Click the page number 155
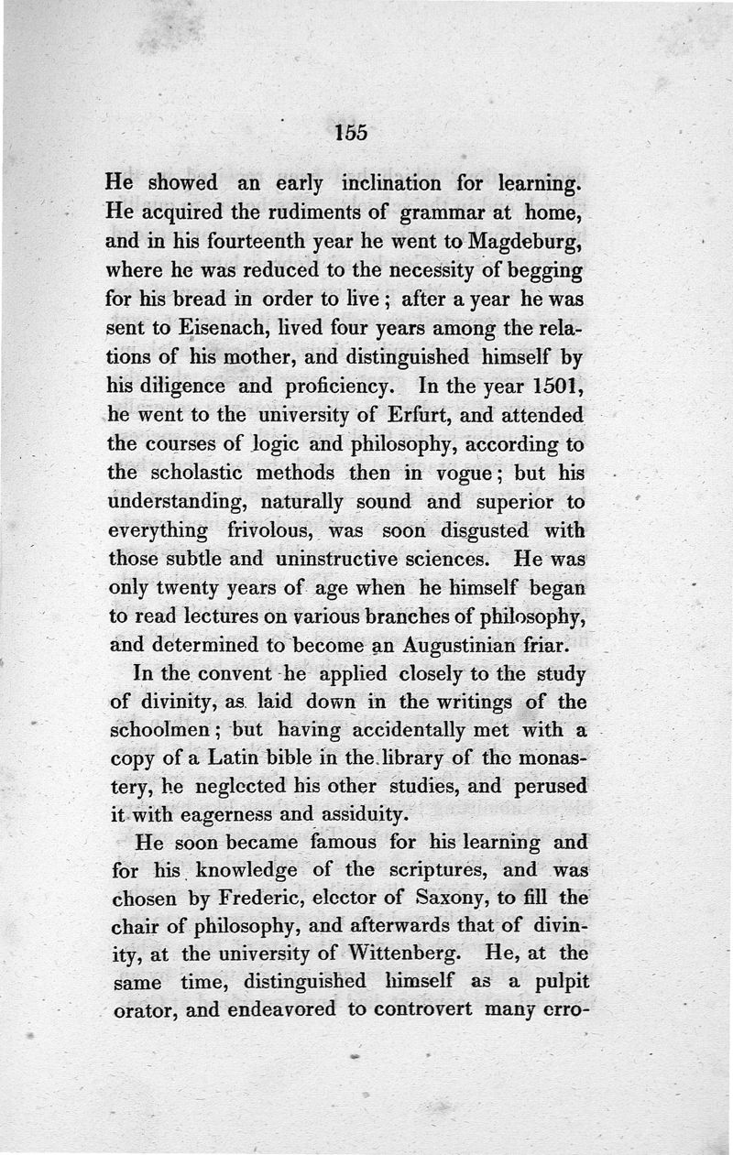point(351,132)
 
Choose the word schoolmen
point(161,730)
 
